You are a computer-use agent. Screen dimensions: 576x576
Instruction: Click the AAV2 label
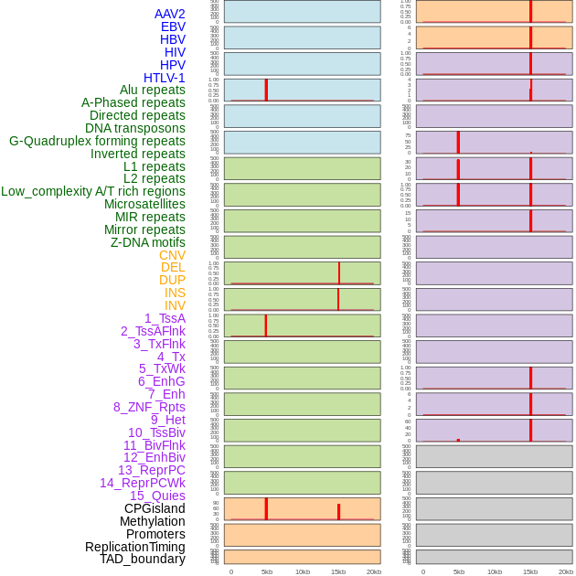point(170,14)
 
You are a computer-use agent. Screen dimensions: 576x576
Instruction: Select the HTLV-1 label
point(165,78)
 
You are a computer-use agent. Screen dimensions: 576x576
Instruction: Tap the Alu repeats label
point(153,90)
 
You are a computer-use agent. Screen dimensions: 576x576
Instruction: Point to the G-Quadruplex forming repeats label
point(97,141)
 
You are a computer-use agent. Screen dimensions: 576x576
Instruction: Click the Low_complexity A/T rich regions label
point(93,191)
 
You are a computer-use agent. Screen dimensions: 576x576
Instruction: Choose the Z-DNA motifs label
point(148,242)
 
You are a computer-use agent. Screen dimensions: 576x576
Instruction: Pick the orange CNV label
point(172,255)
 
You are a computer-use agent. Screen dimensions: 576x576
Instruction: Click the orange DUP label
point(172,280)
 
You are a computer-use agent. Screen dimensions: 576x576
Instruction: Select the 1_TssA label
point(165,318)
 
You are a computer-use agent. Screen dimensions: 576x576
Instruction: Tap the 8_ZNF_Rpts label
point(149,407)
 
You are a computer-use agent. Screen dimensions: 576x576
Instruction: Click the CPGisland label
point(155,508)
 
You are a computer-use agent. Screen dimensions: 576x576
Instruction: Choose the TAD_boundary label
point(143,559)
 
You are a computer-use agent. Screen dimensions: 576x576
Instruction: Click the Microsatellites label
point(144,204)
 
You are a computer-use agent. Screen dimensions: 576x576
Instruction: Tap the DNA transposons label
point(135,128)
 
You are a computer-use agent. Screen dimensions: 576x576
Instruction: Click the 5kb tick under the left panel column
point(267,571)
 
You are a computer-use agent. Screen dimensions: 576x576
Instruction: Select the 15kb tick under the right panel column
point(530,571)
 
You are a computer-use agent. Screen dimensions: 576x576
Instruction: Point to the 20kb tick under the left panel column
point(374,571)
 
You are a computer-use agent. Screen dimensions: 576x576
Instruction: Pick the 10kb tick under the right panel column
point(495,571)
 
